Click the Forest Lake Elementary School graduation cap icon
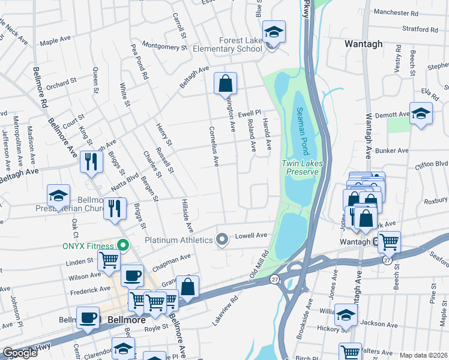coord(274,32)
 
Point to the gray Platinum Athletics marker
coord(222,239)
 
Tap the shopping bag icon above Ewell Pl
coord(225,83)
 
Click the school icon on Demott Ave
coord(421,113)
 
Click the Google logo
coord(20,353)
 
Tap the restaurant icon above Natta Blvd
coord(91,162)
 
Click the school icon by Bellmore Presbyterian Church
coord(58,196)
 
